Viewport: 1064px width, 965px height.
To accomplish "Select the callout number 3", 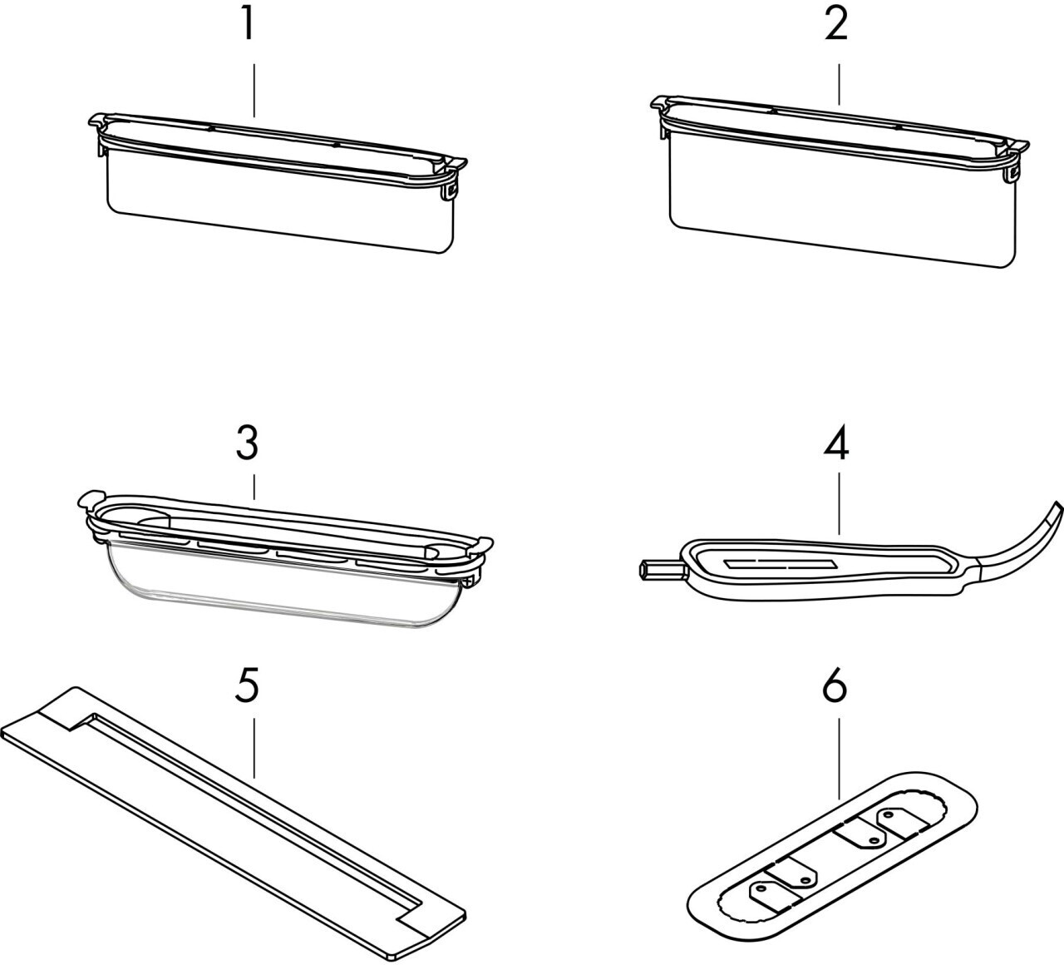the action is click(248, 445).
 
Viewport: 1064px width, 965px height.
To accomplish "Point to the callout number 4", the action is click(836, 445).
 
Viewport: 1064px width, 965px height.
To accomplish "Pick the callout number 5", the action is click(248, 687).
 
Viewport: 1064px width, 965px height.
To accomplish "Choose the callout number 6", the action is click(836, 687).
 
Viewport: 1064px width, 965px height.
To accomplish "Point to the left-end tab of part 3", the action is click(89, 502).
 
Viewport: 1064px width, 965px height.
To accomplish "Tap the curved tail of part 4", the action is click(1027, 541).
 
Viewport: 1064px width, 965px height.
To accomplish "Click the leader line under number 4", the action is click(838, 499).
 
